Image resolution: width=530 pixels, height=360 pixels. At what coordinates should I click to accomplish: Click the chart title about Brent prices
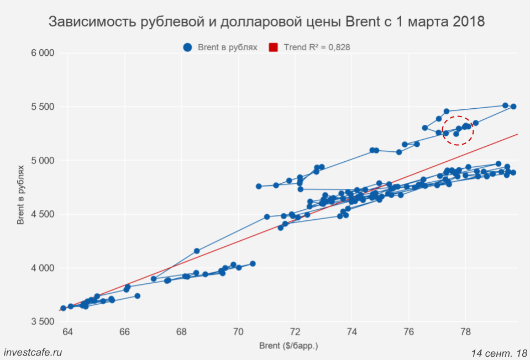pyautogui.click(x=266, y=22)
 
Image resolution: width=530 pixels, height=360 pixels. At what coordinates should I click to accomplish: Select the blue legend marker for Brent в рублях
pyautogui.click(x=188, y=47)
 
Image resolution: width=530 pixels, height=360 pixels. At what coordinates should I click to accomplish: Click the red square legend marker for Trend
pyautogui.click(x=273, y=47)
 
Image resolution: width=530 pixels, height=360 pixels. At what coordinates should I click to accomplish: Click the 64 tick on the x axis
pyautogui.click(x=67, y=332)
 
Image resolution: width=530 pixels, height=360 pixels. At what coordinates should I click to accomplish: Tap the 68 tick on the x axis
pyautogui.click(x=181, y=332)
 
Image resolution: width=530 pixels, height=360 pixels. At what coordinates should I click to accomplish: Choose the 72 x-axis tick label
pyautogui.click(x=295, y=332)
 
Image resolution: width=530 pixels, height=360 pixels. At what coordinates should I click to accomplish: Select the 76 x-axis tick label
pyautogui.click(x=409, y=332)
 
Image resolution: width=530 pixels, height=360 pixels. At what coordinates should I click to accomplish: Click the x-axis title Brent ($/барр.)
pyautogui.click(x=288, y=346)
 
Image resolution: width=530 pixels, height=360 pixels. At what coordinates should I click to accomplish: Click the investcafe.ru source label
pyautogui.click(x=33, y=352)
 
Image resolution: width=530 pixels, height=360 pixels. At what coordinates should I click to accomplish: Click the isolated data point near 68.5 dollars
pyautogui.click(x=197, y=251)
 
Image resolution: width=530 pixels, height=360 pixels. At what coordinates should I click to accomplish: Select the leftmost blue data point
pyautogui.click(x=63, y=308)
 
